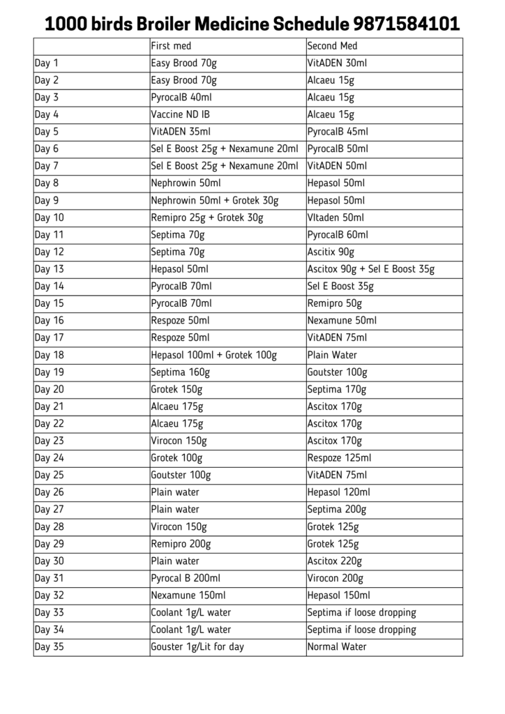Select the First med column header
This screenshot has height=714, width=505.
coord(170,46)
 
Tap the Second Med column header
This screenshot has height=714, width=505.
coord(332,46)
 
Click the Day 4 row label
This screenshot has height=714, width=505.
coord(47,114)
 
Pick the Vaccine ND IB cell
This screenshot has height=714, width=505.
coord(180,114)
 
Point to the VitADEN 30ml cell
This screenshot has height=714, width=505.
coord(337,63)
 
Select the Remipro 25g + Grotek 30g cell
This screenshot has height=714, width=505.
coord(207,218)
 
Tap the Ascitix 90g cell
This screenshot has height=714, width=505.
coord(331,252)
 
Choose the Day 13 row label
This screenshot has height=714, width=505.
coord(49,269)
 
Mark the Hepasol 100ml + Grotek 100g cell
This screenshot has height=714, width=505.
coord(213,355)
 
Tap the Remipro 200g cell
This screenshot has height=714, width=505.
coord(181,544)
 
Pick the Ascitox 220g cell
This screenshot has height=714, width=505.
coord(335,561)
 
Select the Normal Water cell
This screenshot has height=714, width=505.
coord(337,646)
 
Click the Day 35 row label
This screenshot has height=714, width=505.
coord(49,646)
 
